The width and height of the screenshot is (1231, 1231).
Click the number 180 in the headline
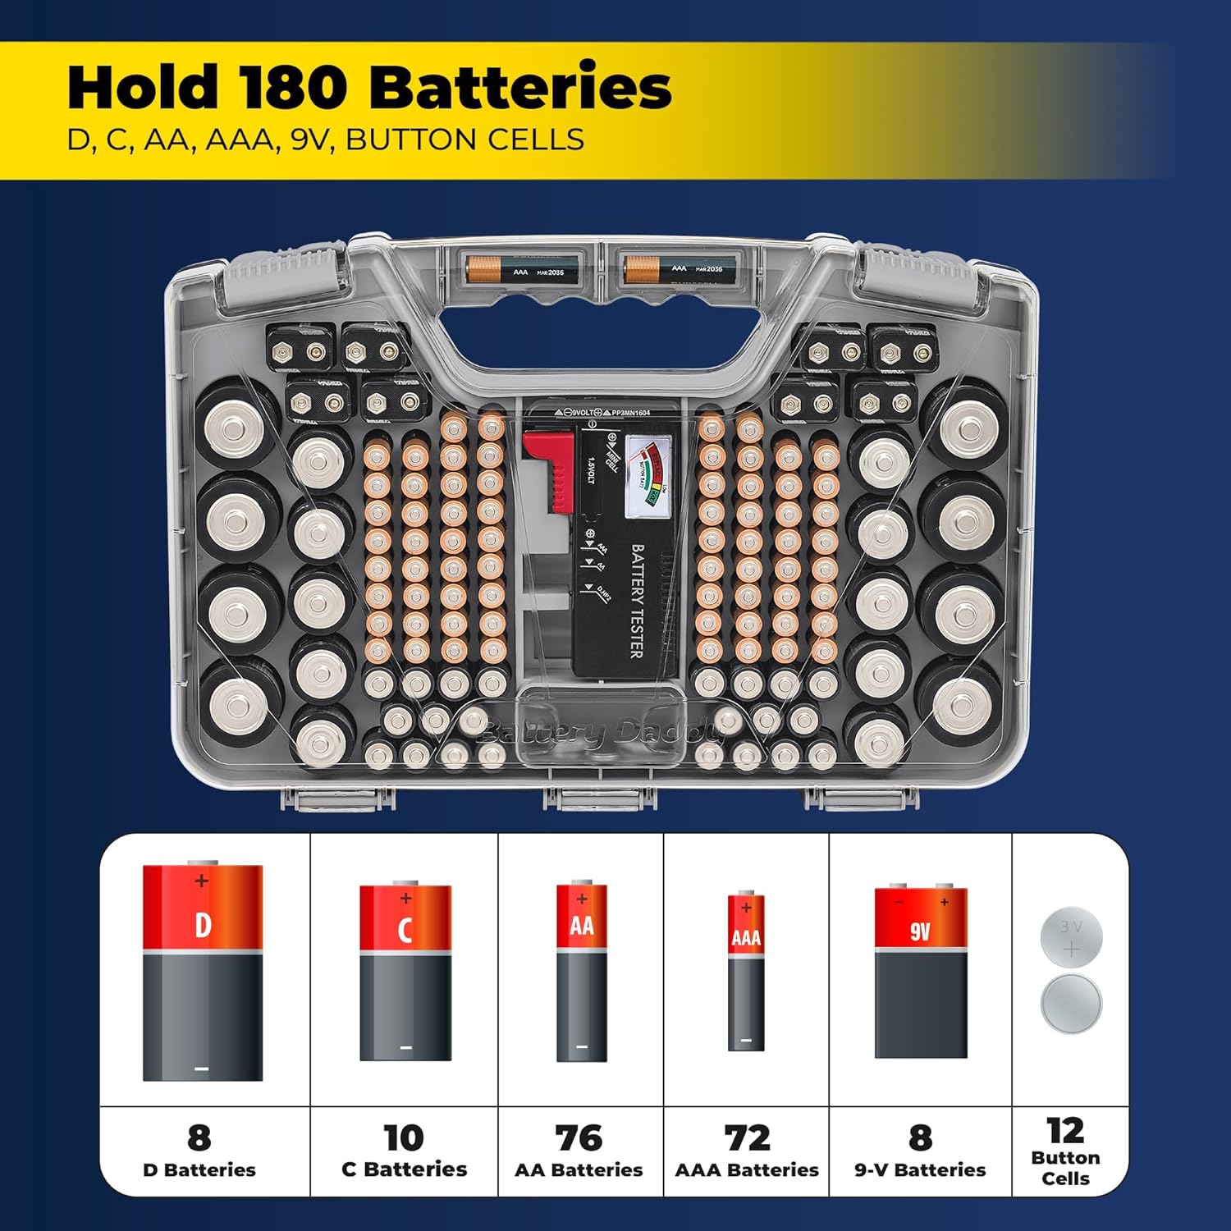point(293,88)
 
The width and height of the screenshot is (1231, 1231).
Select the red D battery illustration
point(203,972)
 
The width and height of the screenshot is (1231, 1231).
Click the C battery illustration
point(405,972)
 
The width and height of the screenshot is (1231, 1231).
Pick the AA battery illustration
point(582,972)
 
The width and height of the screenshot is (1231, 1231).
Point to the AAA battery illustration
point(746,972)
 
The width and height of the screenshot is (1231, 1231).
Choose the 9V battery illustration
point(921,972)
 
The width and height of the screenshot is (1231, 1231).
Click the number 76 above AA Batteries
point(579,1138)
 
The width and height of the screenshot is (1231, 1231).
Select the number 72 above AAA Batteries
point(747,1138)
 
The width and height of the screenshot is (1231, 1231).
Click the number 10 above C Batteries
point(404,1138)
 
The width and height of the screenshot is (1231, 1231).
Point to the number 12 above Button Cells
point(1065,1131)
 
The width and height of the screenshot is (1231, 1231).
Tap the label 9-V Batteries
point(920,1170)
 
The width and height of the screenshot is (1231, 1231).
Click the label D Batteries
point(199,1170)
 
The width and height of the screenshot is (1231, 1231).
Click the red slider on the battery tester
point(551,468)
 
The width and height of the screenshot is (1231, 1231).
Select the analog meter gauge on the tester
point(648,476)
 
